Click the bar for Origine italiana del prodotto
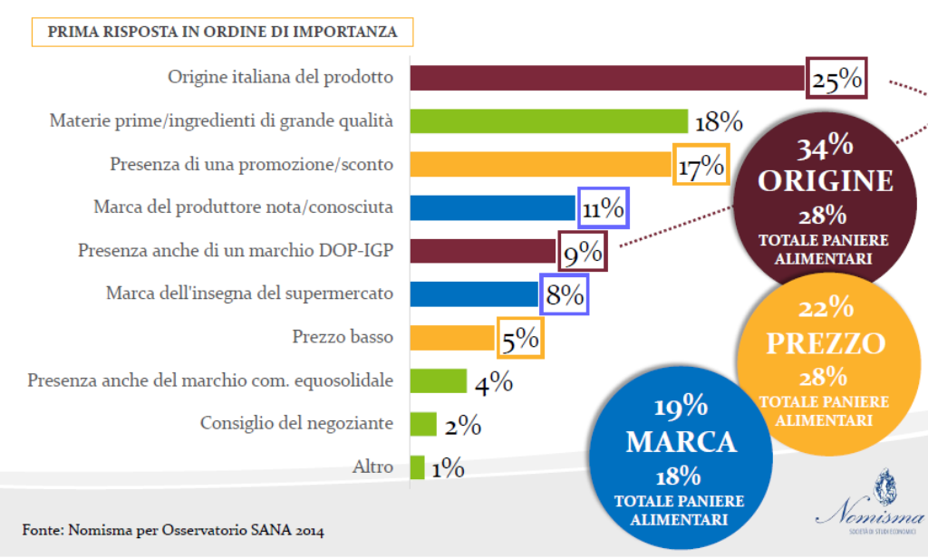[607, 77]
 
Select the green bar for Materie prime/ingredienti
[548, 120]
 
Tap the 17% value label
[701, 165]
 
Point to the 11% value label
[603, 208]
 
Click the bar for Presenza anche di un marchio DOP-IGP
[482, 252]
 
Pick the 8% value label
[564, 295]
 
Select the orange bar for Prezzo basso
[452, 338]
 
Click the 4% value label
[494, 382]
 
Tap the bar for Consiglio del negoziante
[423, 424]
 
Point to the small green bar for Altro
[417, 467]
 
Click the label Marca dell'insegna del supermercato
[249, 293]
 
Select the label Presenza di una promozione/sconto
[251, 164]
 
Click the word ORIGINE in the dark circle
[826, 180]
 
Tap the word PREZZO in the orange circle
[825, 344]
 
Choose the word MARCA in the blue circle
[680, 441]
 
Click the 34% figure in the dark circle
[825, 148]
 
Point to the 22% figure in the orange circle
[825, 310]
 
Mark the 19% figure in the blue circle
[680, 408]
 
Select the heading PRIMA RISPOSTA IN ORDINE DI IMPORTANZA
[221, 32]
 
